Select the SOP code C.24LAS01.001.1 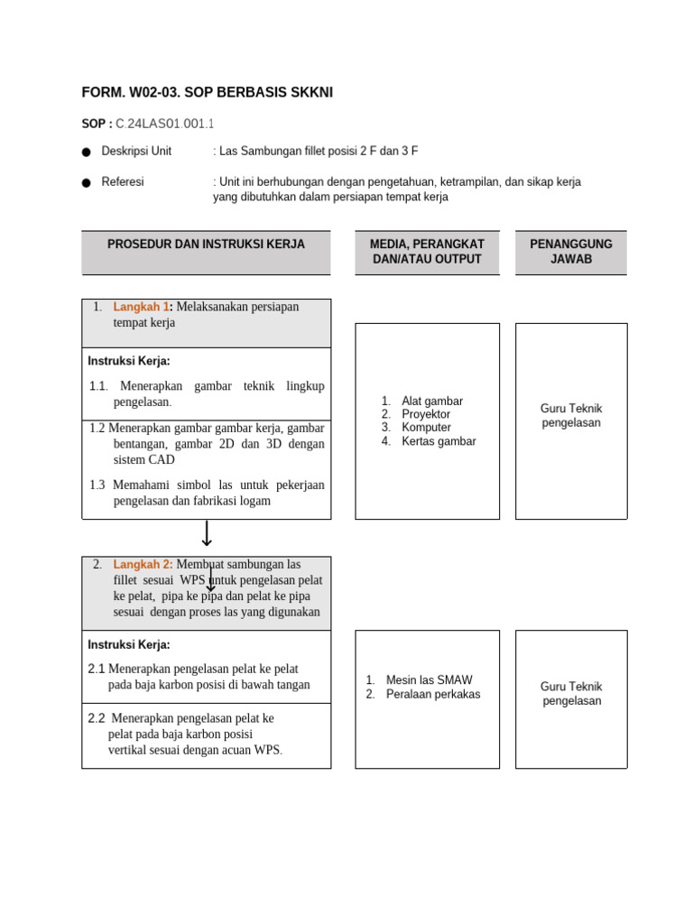click(166, 124)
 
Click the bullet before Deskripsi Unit click(86, 152)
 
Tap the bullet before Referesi click(86, 183)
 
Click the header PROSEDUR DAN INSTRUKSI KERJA click(206, 245)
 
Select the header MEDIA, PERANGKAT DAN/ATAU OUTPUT click(427, 252)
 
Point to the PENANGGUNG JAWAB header click(570, 252)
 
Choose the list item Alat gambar click(432, 401)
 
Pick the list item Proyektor click(426, 414)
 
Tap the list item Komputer click(426, 428)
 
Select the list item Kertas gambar click(439, 441)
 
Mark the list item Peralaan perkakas click(433, 694)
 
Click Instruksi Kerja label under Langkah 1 click(129, 361)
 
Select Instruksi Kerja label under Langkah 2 click(129, 644)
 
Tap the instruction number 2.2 click(97, 718)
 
